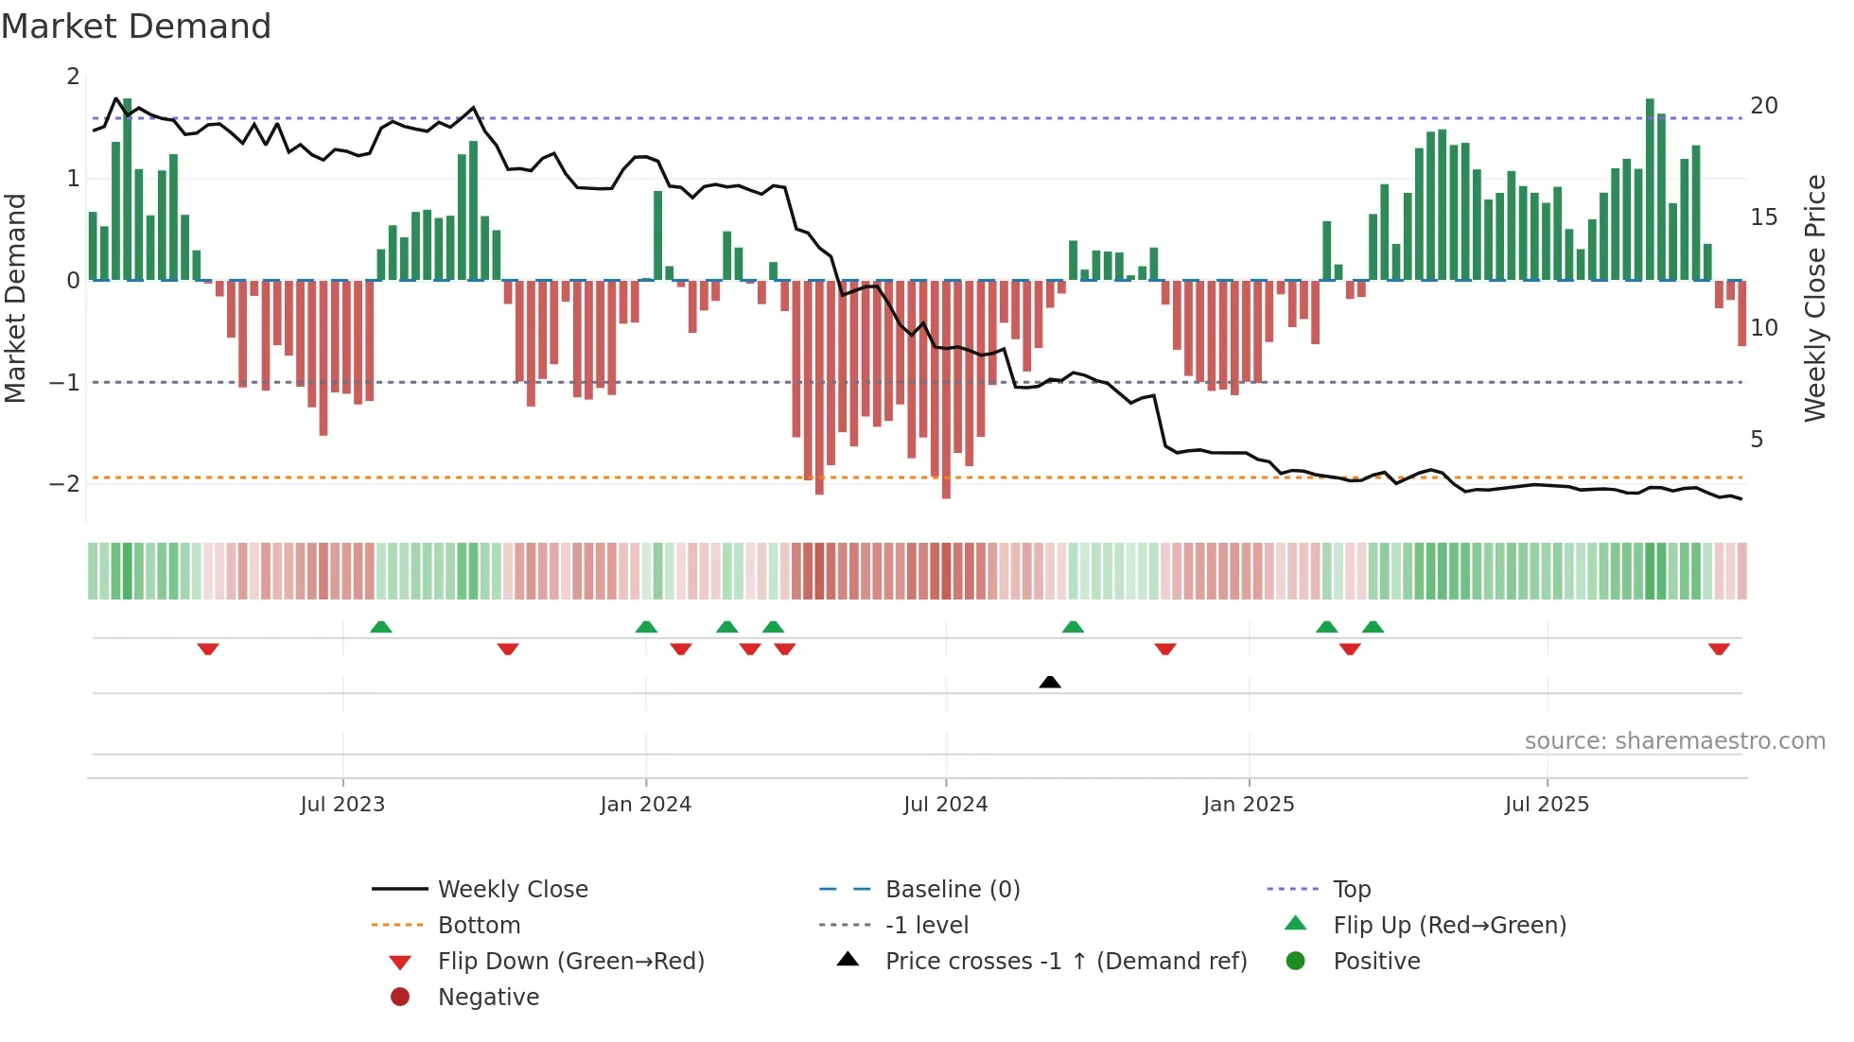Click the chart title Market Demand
coord(136,26)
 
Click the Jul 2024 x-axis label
coord(945,805)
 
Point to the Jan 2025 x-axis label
coord(1248,805)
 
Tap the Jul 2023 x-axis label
coord(342,805)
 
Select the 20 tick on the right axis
coord(1763,106)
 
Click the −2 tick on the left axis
coord(64,484)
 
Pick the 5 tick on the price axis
coord(1757,440)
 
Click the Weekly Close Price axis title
coord(1814,298)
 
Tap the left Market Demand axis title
coord(16,298)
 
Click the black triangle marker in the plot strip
coord(1049,682)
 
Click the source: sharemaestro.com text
coord(1674,741)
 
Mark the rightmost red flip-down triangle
coord(1719,649)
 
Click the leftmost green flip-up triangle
coord(380,627)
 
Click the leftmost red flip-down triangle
coord(208,649)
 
